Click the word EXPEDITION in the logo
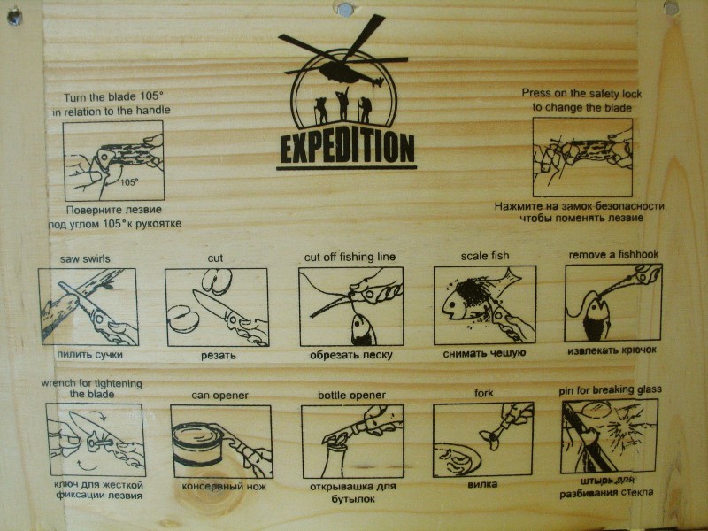[x=347, y=148]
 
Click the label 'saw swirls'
[x=85, y=258]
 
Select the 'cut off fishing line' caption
[x=350, y=258]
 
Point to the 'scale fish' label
[x=484, y=256]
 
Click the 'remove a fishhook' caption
[x=613, y=255]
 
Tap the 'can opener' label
[x=219, y=396]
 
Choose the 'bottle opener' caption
[x=351, y=395]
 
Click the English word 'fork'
[x=483, y=393]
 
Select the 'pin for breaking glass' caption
[x=610, y=389]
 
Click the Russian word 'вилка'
[x=482, y=484]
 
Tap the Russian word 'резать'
[x=218, y=356]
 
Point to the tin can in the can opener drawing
[x=197, y=444]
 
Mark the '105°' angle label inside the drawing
[x=129, y=183]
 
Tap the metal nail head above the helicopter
[x=345, y=8]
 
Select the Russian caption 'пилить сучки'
[x=90, y=355]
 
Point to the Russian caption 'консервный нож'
[x=224, y=486]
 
